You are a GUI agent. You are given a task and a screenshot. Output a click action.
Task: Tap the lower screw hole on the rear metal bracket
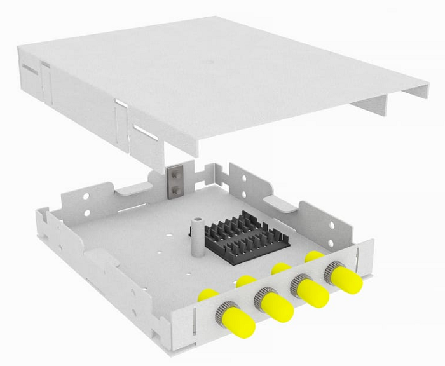click(175, 189)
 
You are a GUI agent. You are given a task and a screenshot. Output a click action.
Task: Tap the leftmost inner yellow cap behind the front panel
click(207, 295)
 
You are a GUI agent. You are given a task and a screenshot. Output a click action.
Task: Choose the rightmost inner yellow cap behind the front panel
click(313, 256)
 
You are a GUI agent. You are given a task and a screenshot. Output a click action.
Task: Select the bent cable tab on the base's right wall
click(280, 203)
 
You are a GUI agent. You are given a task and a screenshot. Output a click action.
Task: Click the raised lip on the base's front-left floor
click(102, 257)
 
